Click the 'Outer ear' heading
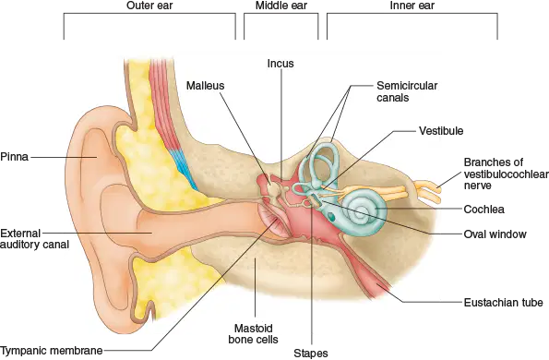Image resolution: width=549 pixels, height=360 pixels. [x=149, y=6]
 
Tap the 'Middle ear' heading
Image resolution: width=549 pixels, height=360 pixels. [x=281, y=6]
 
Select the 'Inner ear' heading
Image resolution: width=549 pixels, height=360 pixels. [x=412, y=6]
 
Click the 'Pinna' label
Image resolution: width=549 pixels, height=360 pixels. [x=15, y=157]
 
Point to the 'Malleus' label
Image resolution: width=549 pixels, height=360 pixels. [x=205, y=86]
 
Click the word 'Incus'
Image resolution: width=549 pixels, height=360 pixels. [x=280, y=64]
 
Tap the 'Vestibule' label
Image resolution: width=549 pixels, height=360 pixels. [x=441, y=131]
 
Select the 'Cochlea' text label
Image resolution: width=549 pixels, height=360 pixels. [x=483, y=210]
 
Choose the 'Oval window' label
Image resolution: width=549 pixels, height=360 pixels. [x=495, y=234]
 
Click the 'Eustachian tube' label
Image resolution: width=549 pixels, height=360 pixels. [x=504, y=302]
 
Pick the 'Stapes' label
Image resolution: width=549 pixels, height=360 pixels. [x=311, y=354]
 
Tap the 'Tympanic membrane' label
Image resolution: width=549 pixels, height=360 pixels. [x=52, y=350]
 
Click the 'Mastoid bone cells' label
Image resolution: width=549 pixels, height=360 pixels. [x=253, y=334]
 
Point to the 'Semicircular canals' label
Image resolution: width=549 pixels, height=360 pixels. [x=407, y=91]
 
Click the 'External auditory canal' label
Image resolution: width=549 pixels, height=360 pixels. [x=34, y=238]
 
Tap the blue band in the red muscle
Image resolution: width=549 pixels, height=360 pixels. [x=182, y=164]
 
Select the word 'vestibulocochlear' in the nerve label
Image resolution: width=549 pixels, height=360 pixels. [x=507, y=174]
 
